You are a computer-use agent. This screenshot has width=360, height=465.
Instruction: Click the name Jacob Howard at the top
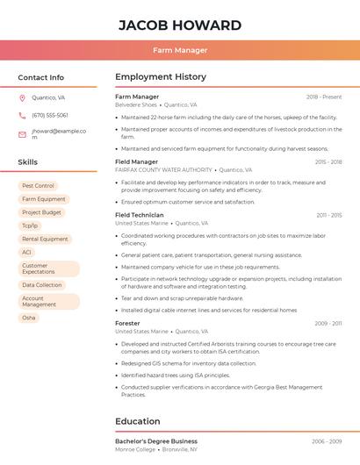pyautogui.click(x=179, y=24)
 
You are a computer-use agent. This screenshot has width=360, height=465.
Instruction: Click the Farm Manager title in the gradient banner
pyautogui.click(x=179, y=51)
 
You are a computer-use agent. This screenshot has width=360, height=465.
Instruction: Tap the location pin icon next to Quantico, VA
pyautogui.click(x=22, y=97)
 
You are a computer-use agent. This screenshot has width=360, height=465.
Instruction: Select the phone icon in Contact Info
pyautogui.click(x=22, y=115)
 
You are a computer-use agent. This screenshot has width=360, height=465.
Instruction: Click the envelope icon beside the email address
pyautogui.click(x=22, y=134)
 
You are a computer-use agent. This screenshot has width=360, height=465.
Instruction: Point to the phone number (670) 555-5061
pyautogui.click(x=50, y=115)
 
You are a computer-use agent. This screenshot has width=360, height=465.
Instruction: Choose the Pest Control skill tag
pyautogui.click(x=38, y=186)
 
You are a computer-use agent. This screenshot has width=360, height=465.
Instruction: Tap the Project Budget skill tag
pyautogui.click(x=41, y=212)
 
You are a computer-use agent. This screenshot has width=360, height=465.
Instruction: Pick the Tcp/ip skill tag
pyautogui.click(x=30, y=225)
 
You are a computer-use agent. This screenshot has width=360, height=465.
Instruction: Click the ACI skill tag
pyautogui.click(x=26, y=252)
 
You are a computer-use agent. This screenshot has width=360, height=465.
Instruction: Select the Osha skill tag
pyautogui.click(x=29, y=318)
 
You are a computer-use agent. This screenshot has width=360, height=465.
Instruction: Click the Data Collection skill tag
pyautogui.click(x=42, y=285)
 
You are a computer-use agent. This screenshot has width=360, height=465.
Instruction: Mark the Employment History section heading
pyautogui.click(x=161, y=77)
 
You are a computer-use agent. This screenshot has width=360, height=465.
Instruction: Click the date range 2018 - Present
pyautogui.click(x=324, y=97)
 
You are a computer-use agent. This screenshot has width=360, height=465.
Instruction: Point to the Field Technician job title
pyautogui.click(x=140, y=215)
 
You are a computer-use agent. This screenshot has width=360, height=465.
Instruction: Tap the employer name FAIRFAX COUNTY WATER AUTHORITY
pyautogui.click(x=163, y=170)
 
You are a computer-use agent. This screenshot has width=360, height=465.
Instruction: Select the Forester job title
pyautogui.click(x=127, y=324)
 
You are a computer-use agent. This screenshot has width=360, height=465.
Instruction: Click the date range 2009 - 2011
pyautogui.click(x=328, y=324)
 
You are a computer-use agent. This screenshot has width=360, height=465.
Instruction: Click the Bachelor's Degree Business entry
pyautogui.click(x=156, y=441)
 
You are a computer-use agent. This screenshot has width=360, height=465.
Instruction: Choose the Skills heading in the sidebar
pyautogui.click(x=28, y=162)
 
